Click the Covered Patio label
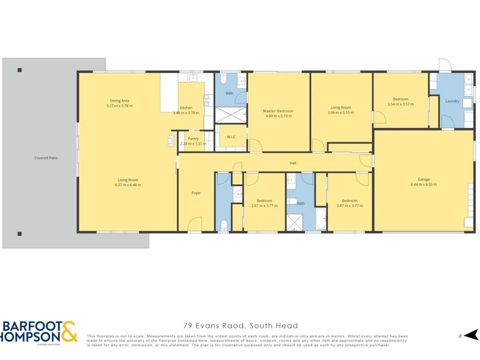(46, 158)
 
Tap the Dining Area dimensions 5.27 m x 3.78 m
(119, 106)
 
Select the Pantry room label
(193, 139)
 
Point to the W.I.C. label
(231, 137)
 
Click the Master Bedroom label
(278, 111)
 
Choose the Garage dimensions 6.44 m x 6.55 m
(424, 184)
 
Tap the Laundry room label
(452, 101)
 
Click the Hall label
(292, 163)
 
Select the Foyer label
(196, 193)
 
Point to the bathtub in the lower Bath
(321, 219)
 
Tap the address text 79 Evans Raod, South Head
(240, 326)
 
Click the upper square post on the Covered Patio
(19, 70)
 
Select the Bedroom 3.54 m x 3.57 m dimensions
(400, 104)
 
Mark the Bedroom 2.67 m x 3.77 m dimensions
(264, 205)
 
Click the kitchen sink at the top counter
(193, 77)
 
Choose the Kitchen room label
(186, 108)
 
